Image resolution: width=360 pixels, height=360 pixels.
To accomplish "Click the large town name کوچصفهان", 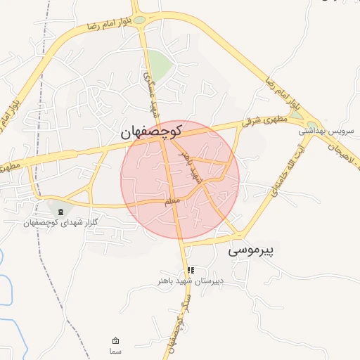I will click(x=151, y=131).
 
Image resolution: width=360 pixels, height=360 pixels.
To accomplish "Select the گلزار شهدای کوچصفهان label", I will click(x=59, y=223).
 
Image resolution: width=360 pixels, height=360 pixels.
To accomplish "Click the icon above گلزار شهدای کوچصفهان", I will click(x=60, y=212).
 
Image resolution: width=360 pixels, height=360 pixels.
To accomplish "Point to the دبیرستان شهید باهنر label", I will click(x=191, y=281).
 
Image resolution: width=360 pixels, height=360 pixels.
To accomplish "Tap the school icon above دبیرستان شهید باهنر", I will click(x=191, y=270).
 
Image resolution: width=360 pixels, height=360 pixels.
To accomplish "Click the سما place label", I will click(x=115, y=350).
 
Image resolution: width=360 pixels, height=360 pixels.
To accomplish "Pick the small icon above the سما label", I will click(x=115, y=340).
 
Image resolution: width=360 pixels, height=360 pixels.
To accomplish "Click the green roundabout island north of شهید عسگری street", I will click(x=140, y=20).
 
